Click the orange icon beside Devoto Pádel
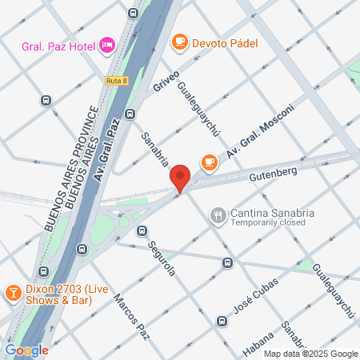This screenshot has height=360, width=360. coord(179,41)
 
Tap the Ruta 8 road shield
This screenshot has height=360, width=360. coord(116,81)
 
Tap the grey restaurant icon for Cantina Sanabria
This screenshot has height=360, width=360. coord(217,214)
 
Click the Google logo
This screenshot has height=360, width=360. coord(26,350)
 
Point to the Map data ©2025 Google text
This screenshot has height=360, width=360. coord(311,354)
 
